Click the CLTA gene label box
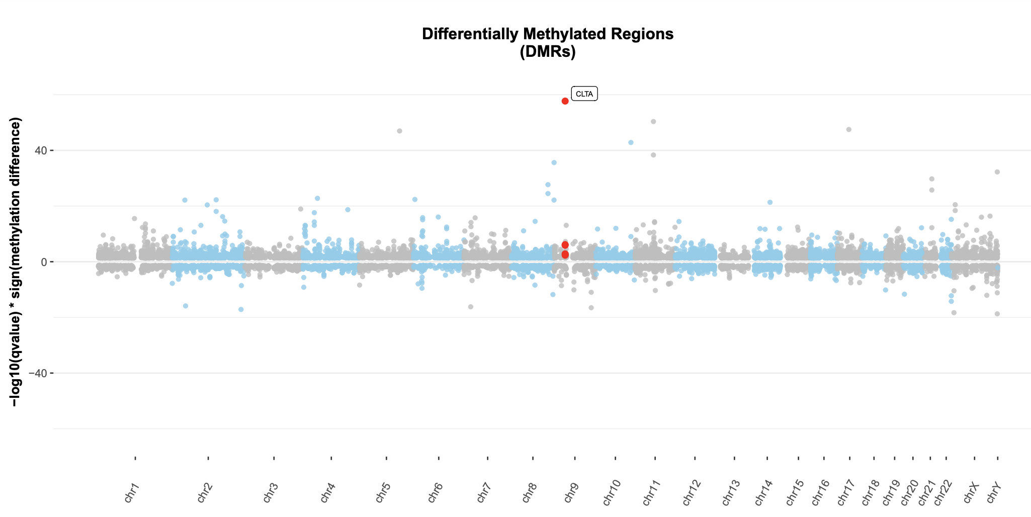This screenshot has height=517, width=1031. pos(584,94)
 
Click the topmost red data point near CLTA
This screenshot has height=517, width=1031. pos(565,101)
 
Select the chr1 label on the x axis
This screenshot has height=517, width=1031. pos(132,491)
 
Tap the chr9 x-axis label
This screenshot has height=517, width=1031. pos(571,491)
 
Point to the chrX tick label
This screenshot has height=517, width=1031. pos(971,491)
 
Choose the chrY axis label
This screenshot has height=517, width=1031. pos(994,491)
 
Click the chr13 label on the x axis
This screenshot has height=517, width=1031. pos(731,491)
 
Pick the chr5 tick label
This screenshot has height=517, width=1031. pos(383,491)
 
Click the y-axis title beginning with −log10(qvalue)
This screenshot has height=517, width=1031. pos(17,262)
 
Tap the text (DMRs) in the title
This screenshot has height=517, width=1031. pos(547,52)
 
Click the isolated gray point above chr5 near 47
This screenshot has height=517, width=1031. pos(399,131)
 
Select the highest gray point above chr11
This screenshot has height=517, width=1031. pos(653,122)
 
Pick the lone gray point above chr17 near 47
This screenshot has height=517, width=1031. pos(848,129)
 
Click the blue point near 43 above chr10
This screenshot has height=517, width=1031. pos(631,142)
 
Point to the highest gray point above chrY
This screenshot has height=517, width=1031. pos(997,172)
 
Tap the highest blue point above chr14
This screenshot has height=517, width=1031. pos(769,202)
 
